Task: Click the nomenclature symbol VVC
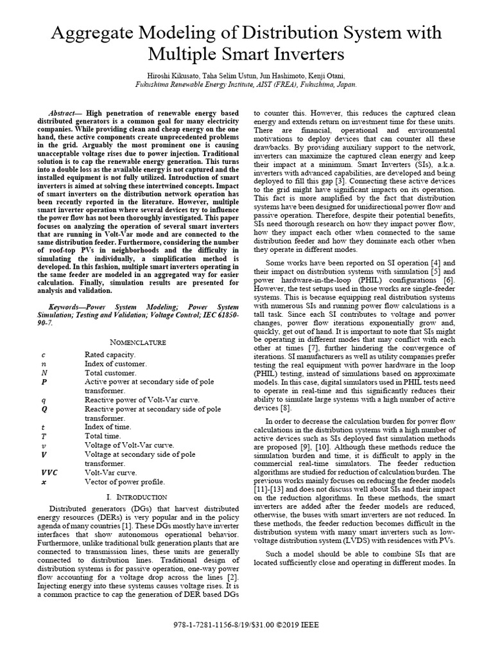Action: (48, 472)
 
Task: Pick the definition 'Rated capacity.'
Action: (110, 354)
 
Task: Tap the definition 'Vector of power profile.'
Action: (125, 481)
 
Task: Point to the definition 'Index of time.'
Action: (108, 427)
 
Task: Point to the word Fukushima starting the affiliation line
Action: (154, 84)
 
